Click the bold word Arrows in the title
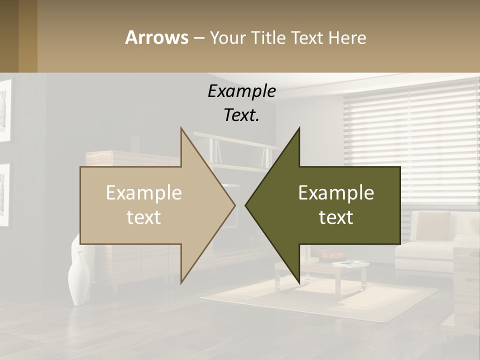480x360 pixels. click(x=156, y=37)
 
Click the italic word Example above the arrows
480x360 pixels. click(x=241, y=91)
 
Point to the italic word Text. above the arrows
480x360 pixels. click(x=241, y=115)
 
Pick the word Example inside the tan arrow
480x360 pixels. click(x=144, y=193)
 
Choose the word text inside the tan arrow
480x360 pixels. click(x=144, y=217)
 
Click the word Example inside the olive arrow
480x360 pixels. click(x=336, y=193)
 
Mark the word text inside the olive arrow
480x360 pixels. click(x=336, y=217)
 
